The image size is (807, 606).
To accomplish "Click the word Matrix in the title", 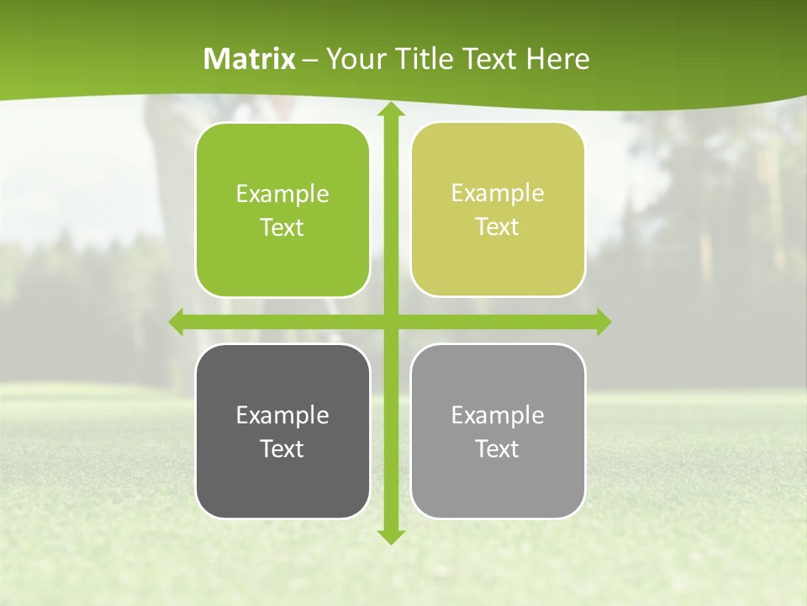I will [x=250, y=59].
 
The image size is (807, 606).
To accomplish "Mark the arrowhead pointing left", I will [x=177, y=322].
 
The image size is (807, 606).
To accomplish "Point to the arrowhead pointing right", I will [x=604, y=322].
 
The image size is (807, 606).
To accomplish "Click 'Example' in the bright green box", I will [x=282, y=194].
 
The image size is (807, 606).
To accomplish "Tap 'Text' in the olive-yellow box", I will [x=498, y=227].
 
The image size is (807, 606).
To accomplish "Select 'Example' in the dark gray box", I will [x=282, y=416].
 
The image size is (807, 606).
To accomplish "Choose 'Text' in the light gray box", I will [x=498, y=449].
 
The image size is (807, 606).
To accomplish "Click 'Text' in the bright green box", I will [x=282, y=228].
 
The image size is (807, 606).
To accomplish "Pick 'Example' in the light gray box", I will [x=498, y=416].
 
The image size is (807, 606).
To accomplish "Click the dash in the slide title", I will [x=310, y=60].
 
